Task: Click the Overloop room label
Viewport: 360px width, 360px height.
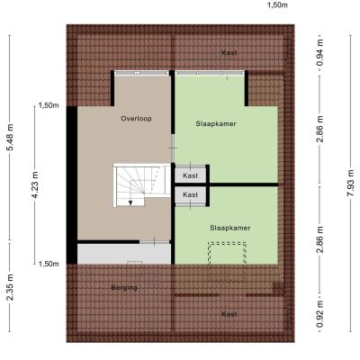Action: pyautogui.click(x=136, y=119)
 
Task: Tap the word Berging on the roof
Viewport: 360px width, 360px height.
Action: pyautogui.click(x=124, y=287)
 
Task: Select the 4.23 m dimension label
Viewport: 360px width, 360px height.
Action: pyautogui.click(x=35, y=184)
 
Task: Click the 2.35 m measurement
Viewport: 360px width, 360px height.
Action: pyautogui.click(x=10, y=287)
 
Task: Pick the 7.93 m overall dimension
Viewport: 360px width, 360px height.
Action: pyautogui.click(x=350, y=183)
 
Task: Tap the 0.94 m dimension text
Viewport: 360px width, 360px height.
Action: pyautogui.click(x=320, y=53)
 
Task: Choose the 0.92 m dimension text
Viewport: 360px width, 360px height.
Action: pyautogui.click(x=320, y=314)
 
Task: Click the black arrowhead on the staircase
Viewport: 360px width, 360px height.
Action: pyautogui.click(x=130, y=202)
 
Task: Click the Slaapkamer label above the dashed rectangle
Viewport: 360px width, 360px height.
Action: pyautogui.click(x=230, y=228)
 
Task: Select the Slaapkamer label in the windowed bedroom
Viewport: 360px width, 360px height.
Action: pyautogui.click(x=216, y=123)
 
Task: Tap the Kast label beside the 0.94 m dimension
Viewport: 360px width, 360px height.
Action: pyautogui.click(x=229, y=53)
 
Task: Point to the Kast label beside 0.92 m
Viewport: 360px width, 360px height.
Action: pyautogui.click(x=229, y=314)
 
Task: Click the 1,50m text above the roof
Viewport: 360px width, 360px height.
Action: pyautogui.click(x=277, y=5)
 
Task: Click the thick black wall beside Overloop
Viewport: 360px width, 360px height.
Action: pyautogui.click(x=72, y=185)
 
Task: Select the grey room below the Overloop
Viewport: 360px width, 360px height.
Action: pyautogui.click(x=124, y=254)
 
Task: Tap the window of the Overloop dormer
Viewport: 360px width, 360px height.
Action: pyautogui.click(x=141, y=73)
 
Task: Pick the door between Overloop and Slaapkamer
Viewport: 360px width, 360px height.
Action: pyautogui.click(x=173, y=148)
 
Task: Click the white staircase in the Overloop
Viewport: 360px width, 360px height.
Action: pyautogui.click(x=142, y=184)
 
